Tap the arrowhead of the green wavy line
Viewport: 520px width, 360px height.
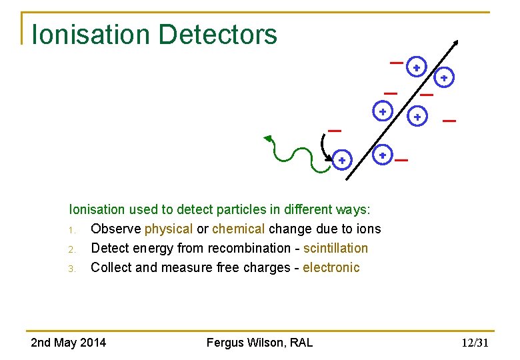pos(268,139)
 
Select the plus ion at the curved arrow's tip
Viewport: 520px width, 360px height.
pos(341,161)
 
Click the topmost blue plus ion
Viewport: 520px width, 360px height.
pos(416,67)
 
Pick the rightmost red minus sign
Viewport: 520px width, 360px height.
pos(449,121)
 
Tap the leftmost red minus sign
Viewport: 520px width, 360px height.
pos(335,130)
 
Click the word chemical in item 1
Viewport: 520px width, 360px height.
pos(239,229)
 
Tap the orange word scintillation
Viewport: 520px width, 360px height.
pos(335,248)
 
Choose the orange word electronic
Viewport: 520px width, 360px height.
pos(331,267)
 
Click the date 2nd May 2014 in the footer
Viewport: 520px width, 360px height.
pos(68,343)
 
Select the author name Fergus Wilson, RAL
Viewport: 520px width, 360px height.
pos(259,343)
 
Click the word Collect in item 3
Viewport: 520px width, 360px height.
pos(111,267)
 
